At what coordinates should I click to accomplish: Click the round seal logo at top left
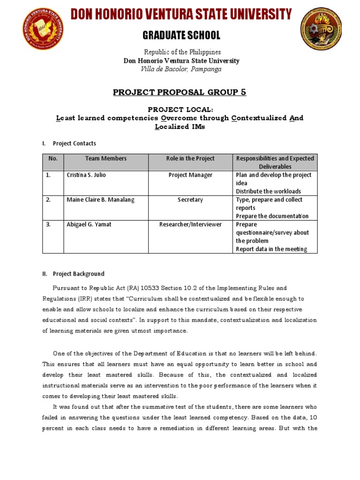coord(43,30)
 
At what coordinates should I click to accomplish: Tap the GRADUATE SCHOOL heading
coord(181,36)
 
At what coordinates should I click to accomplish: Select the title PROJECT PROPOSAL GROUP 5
coord(180,92)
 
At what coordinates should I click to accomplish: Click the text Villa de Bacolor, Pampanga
coord(181,69)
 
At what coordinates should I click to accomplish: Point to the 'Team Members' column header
coord(105,158)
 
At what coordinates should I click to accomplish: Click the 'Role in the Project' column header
coord(190,158)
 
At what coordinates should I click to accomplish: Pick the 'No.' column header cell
coord(53,158)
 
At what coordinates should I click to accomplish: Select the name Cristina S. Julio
coord(87,175)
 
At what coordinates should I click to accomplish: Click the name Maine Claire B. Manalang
coord(100,200)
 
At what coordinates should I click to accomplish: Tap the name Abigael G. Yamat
coord(89,225)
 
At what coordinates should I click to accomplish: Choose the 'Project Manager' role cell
coord(190,175)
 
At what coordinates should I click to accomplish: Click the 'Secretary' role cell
coord(190,200)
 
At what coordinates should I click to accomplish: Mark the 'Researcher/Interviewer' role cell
coord(190,225)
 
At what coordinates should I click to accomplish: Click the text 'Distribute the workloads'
coord(268,191)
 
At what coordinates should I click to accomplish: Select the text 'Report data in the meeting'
coord(271,249)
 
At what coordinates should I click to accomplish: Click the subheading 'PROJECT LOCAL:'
coord(180,109)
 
